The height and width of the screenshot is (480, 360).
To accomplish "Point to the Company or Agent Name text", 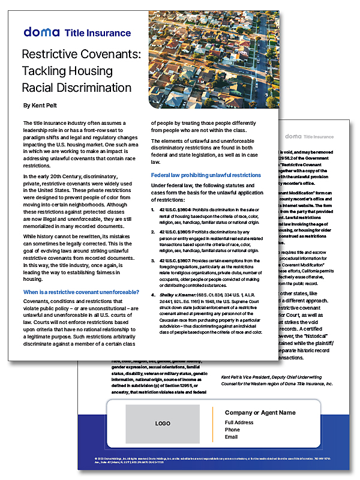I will pos(260,412).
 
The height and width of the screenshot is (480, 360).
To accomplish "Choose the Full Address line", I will pos(239,422).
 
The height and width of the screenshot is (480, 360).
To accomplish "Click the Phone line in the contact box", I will pos(232,430).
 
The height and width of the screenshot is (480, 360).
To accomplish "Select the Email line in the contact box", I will pos(232,437).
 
